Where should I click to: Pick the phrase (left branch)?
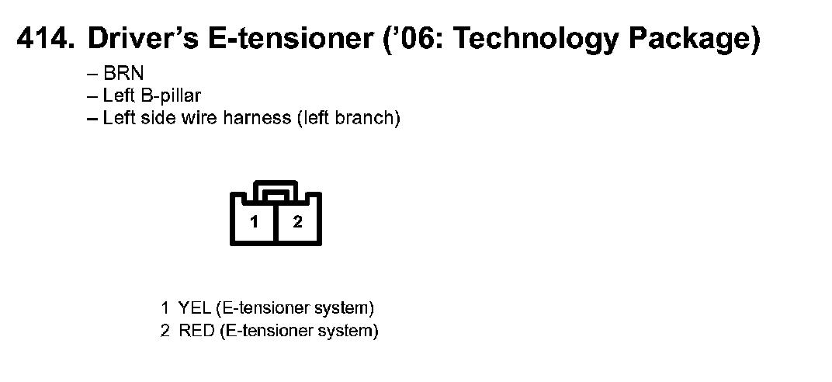(x=349, y=119)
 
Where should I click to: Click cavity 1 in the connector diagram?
(x=254, y=222)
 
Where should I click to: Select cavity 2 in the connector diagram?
(x=297, y=222)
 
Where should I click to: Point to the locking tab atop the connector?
(x=276, y=189)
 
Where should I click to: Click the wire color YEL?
(x=192, y=307)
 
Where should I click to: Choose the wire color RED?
(x=194, y=332)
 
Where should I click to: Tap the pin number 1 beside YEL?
(x=165, y=307)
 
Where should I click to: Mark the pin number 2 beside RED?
(x=165, y=332)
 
